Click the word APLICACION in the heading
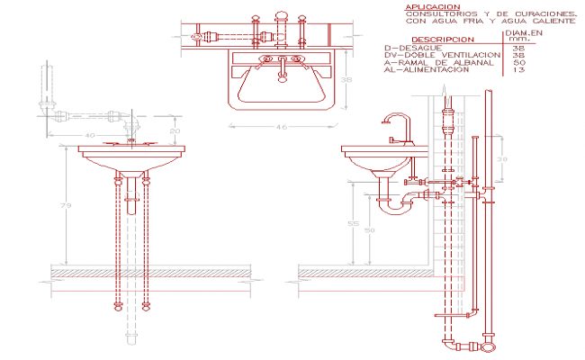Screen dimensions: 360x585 421,7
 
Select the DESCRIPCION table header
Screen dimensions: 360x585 439,40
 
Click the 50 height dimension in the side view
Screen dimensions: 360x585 369,231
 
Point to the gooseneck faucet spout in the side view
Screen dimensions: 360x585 393,120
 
